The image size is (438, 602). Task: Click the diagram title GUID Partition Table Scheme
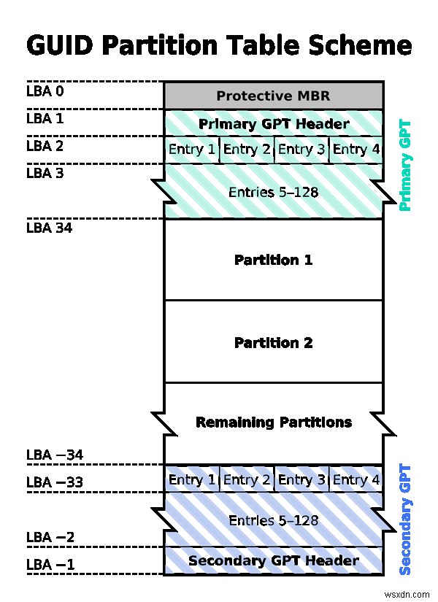pos(219,45)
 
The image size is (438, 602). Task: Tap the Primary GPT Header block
pos(273,123)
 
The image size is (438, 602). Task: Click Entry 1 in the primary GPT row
pos(191,150)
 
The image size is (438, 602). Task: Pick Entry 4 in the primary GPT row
pos(356,150)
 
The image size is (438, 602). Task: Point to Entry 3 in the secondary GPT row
pos(301,479)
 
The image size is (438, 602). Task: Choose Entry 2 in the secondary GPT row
pos(246,479)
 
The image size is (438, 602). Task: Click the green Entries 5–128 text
pos(273,193)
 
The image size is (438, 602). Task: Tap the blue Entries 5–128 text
pos(273,520)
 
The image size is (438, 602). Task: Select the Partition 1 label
pos(273,260)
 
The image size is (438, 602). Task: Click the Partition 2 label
pos(273,342)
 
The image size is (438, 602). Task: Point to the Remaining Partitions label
pos(273,422)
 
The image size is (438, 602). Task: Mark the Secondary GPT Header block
pos(273,560)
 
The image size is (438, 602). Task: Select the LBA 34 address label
pos(49,228)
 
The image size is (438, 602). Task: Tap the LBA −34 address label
pos(55,455)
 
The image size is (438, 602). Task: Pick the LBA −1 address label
pos(50,565)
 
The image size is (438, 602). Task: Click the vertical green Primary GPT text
pos(405,166)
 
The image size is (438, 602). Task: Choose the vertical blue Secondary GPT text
pos(405,520)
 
